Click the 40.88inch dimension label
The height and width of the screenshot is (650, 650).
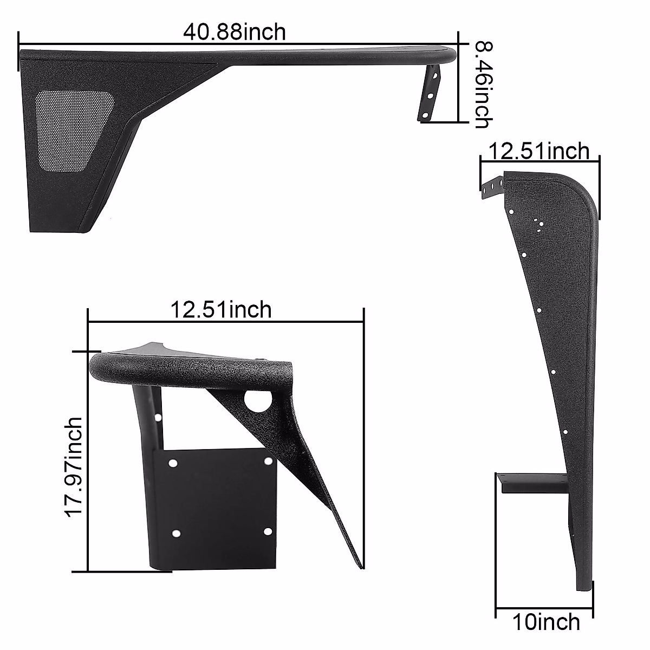[234, 32]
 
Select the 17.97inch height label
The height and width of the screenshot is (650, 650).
[75, 467]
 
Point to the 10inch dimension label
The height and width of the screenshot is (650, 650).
[546, 622]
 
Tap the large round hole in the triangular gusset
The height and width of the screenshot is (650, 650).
[253, 401]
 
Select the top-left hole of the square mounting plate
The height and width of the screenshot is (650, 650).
[173, 464]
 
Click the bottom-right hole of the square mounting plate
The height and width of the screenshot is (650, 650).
[267, 531]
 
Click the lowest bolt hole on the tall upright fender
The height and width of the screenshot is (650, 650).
[564, 432]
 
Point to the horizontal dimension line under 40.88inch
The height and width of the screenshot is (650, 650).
[238, 46]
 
